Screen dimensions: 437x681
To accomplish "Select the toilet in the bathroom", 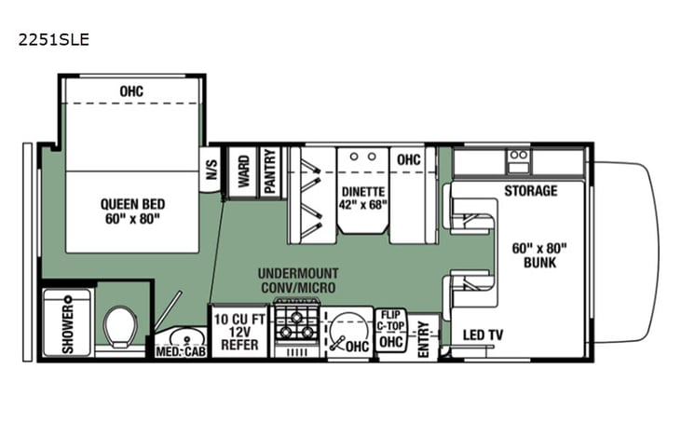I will (x=118, y=327).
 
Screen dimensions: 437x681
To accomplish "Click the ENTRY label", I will (x=424, y=336).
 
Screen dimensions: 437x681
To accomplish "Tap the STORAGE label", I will (x=531, y=191).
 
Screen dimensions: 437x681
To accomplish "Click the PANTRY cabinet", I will (x=270, y=171).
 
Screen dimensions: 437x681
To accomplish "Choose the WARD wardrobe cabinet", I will (x=242, y=171).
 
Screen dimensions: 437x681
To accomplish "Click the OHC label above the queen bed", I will (x=132, y=91).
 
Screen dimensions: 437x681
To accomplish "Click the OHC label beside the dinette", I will (x=408, y=160).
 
